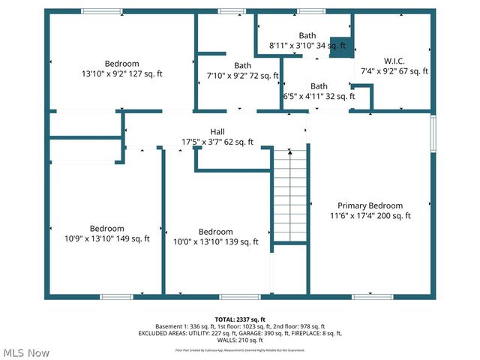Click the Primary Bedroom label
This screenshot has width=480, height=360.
(370, 205)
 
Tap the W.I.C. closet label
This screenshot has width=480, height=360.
(394, 61)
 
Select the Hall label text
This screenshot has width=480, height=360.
(217, 131)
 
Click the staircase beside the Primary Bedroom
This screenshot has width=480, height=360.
(289, 195)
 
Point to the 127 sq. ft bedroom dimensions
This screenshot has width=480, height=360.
(121, 73)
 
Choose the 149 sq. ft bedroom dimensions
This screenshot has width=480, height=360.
(108, 238)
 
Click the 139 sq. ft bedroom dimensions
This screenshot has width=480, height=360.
(216, 241)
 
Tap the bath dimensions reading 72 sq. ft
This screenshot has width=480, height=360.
(242, 75)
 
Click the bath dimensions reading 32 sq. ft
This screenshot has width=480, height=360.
(319, 96)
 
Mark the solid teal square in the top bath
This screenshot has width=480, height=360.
(340, 46)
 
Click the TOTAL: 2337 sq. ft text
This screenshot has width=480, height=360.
(240, 319)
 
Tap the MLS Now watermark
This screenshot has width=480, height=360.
(26, 352)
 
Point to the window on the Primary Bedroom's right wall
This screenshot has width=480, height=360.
(433, 133)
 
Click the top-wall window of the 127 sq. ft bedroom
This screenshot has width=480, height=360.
(102, 11)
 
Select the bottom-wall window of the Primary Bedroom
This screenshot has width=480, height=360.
(372, 296)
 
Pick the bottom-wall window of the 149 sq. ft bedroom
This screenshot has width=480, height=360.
(116, 296)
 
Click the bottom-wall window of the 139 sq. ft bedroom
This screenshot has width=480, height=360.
(240, 296)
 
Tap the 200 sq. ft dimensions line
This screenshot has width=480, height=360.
(370, 216)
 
